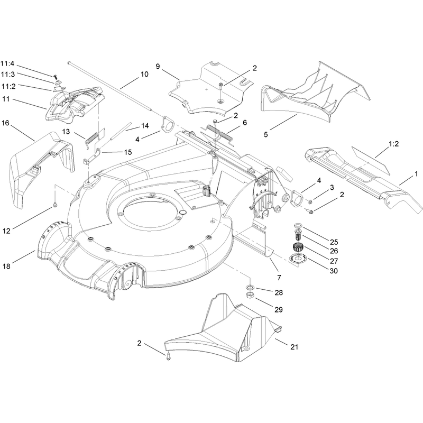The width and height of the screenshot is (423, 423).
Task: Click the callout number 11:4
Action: pyautogui.click(x=7, y=64)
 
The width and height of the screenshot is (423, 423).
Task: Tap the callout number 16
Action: pyautogui.click(x=5, y=123)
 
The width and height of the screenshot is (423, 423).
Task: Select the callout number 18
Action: pyautogui.click(x=6, y=266)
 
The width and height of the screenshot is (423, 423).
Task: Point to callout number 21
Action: pyautogui.click(x=294, y=347)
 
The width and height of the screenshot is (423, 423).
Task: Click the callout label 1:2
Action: pyautogui.click(x=393, y=144)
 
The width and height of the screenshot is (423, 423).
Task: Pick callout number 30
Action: pyautogui.click(x=334, y=271)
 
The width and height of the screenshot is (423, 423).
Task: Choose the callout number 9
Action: pyautogui.click(x=158, y=67)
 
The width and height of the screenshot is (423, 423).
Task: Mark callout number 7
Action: pyautogui.click(x=279, y=277)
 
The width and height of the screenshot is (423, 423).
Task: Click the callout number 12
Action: pyautogui.click(x=6, y=231)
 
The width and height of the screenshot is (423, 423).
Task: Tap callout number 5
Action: pyautogui.click(x=266, y=134)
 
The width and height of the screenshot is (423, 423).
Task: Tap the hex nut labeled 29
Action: pyautogui.click(x=250, y=295)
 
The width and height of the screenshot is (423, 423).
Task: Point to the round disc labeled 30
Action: pyautogui.click(x=298, y=258)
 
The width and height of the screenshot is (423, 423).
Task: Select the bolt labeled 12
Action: pyautogui.click(x=55, y=205)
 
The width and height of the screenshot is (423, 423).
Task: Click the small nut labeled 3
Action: pyautogui.click(x=310, y=201)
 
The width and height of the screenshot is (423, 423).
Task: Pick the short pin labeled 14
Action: pyautogui.click(x=121, y=131)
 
